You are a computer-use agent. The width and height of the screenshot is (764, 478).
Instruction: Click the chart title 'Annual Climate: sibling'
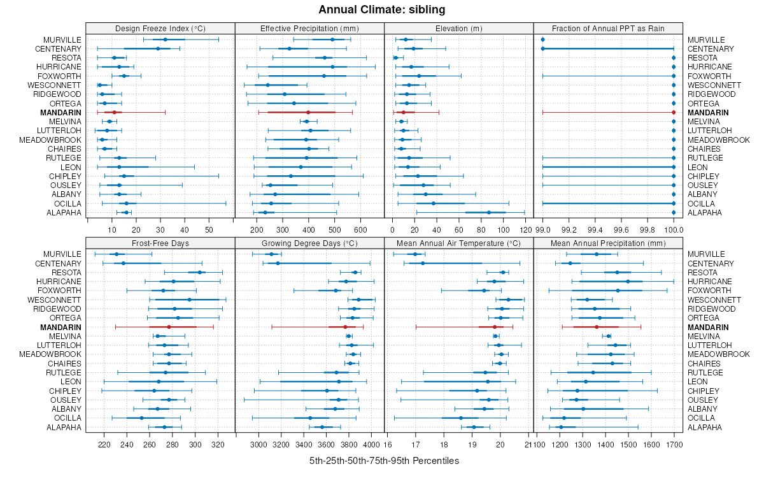[x=381, y=10]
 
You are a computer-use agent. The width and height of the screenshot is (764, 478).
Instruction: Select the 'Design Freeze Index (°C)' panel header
[x=160, y=28]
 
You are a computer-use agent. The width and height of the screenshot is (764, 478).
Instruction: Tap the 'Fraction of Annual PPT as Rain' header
[x=608, y=28]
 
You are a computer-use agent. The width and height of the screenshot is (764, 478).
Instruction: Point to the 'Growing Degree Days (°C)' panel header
[x=309, y=243]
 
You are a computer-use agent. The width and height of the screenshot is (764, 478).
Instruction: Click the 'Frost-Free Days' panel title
[x=160, y=243]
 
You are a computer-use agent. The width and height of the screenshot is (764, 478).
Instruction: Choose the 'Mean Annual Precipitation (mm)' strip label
[x=608, y=243]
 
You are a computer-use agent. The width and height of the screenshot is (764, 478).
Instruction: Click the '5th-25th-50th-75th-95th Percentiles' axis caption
[x=384, y=460]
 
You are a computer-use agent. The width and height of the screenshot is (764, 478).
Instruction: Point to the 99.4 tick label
[x=595, y=229]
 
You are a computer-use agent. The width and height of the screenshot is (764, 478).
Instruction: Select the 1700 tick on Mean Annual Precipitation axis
[x=674, y=444]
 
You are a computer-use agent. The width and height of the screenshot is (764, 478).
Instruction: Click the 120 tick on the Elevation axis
[x=525, y=229]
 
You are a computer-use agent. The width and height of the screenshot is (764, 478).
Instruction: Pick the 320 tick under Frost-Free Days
[x=218, y=444]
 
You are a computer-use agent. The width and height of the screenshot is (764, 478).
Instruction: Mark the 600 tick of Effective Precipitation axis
[x=360, y=229]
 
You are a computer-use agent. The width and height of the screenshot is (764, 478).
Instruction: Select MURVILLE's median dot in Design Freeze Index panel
[x=166, y=40]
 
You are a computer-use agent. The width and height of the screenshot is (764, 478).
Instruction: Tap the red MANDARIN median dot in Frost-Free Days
[x=169, y=327]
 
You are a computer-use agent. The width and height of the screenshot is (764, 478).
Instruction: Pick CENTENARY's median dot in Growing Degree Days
[x=278, y=263]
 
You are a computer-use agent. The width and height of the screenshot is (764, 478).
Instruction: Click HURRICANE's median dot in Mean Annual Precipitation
[x=628, y=281]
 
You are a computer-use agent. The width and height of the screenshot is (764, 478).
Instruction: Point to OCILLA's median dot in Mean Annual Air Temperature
[x=461, y=418]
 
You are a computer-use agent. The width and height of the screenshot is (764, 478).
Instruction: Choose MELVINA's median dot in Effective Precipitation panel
[x=306, y=121]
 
